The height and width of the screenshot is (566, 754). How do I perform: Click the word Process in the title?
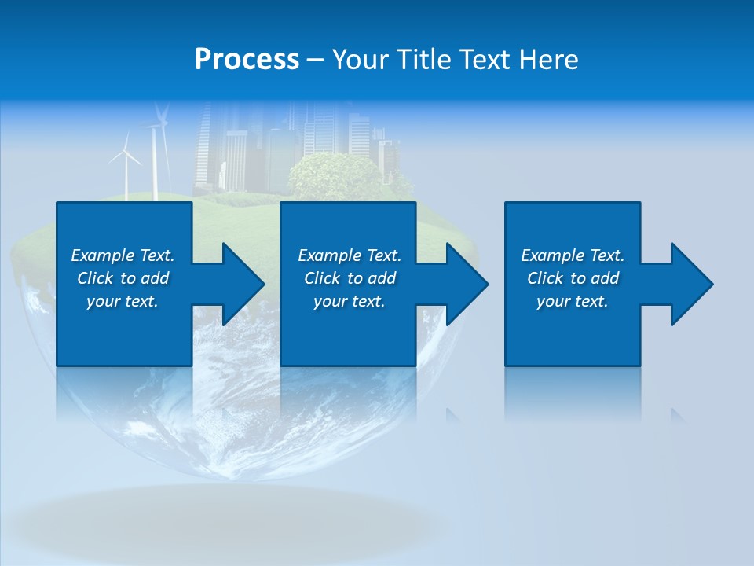pos(247,60)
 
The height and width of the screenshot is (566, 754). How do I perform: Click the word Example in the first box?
pos(103,255)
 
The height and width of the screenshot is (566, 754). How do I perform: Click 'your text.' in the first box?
pos(123,301)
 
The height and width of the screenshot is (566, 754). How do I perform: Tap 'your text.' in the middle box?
pos(349,301)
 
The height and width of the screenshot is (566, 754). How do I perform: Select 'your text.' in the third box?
pos(573,301)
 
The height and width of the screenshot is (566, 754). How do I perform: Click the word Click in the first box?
pos(96,278)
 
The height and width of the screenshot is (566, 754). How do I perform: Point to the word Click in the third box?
pos(546,278)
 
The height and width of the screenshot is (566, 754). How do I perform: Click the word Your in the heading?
pos(361,60)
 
